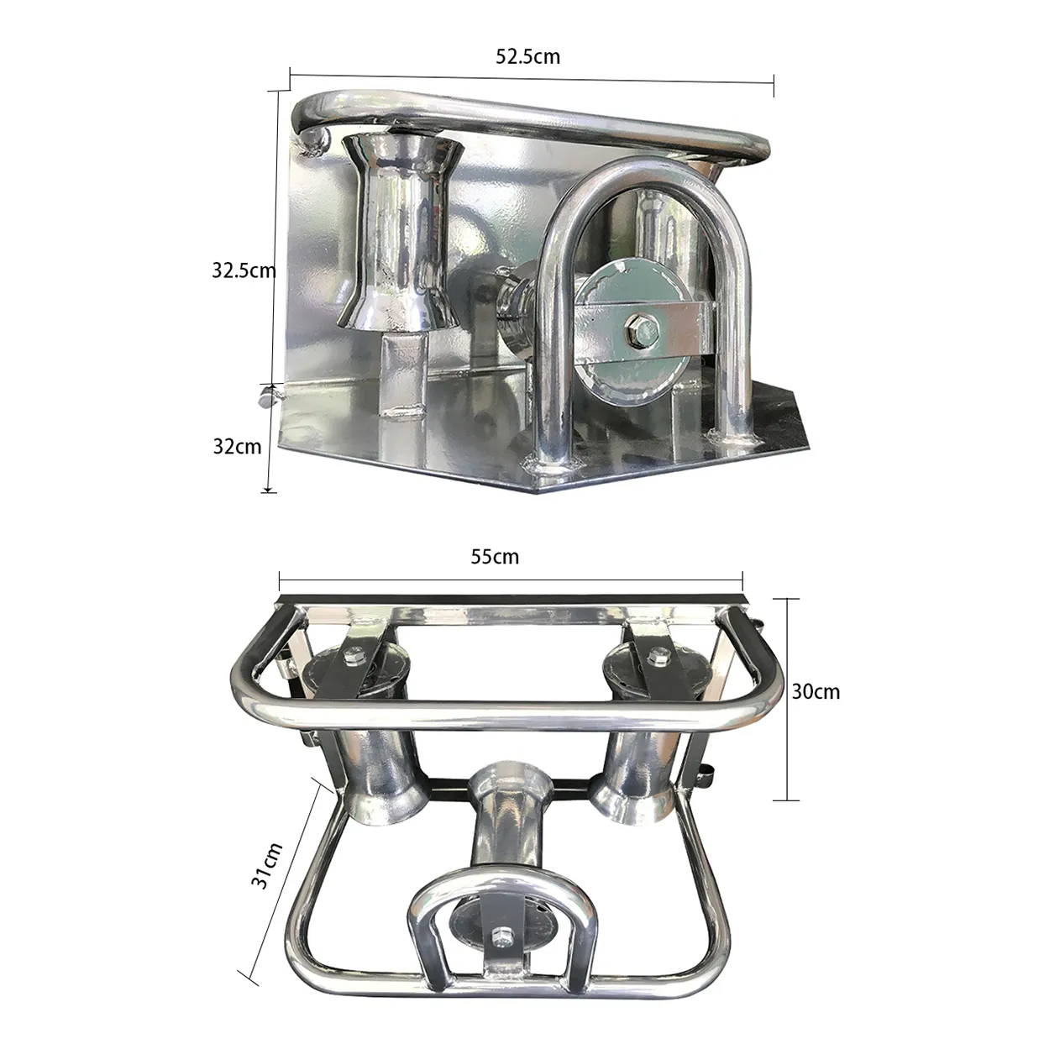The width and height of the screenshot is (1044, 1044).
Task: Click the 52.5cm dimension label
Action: (527, 56)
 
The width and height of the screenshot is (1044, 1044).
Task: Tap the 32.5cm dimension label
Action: (243, 270)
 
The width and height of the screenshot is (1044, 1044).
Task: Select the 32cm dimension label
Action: (237, 446)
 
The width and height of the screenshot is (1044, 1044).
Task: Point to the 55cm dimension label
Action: (495, 556)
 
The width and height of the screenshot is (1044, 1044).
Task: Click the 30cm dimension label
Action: (816, 691)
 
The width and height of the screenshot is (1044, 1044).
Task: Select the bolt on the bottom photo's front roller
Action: (503, 934)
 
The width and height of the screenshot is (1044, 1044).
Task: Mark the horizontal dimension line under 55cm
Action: (511, 577)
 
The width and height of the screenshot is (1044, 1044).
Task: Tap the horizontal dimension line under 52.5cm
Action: (531, 76)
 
